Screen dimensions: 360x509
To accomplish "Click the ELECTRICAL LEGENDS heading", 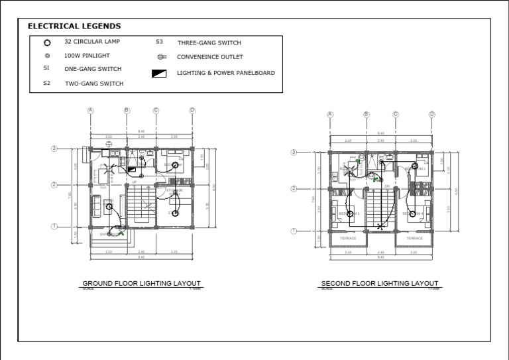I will click(x=74, y=27).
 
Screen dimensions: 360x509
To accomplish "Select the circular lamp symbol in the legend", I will click(x=47, y=42).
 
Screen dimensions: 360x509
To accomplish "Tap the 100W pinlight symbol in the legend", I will click(x=47, y=56).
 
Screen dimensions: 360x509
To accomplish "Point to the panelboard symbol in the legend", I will click(x=159, y=74).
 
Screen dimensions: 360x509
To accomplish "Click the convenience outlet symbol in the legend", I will click(x=162, y=57).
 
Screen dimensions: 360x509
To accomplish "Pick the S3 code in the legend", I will click(x=159, y=42).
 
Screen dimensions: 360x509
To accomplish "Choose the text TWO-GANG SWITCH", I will click(x=93, y=84).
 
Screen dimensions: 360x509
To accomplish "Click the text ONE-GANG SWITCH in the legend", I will click(x=92, y=68).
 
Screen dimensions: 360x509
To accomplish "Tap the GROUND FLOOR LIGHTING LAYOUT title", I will click(x=141, y=283).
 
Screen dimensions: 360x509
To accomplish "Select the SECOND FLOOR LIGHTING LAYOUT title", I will click(x=379, y=283).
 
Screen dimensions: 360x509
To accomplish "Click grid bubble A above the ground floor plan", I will click(x=91, y=111).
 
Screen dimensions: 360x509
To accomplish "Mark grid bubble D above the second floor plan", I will click(x=431, y=115).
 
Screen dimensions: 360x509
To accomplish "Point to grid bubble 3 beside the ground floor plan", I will click(x=54, y=149).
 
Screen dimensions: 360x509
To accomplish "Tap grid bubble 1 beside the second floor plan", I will click(x=294, y=231).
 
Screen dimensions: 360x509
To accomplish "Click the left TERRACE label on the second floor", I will click(x=348, y=238).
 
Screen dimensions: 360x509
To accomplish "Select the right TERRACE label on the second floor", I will click(x=414, y=238).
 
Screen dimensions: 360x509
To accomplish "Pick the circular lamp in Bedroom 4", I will click(x=412, y=213).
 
